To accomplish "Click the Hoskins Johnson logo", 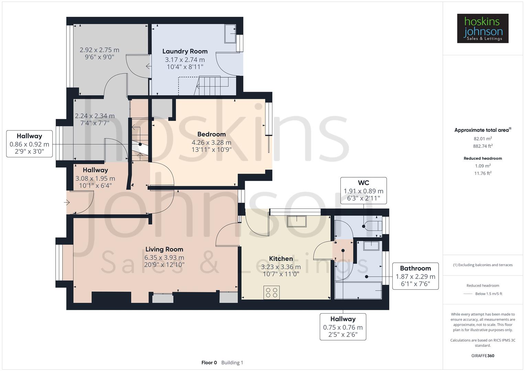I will pyautogui.click(x=482, y=29).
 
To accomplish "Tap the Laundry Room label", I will pyautogui.click(x=185, y=52).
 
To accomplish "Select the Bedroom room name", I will pyautogui.click(x=211, y=134).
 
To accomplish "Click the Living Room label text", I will pyautogui.click(x=164, y=249).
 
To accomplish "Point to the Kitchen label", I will pyautogui.click(x=281, y=259).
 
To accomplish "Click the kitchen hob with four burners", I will pyautogui.click(x=271, y=293).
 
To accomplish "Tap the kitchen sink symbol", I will pyautogui.click(x=297, y=222).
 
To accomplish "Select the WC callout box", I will pyautogui.click(x=363, y=191).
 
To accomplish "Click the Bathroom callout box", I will pyautogui.click(x=415, y=276).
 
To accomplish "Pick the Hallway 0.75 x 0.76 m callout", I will pyautogui.click(x=343, y=327).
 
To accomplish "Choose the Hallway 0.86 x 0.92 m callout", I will pyautogui.click(x=29, y=144).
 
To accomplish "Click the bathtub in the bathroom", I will pyautogui.click(x=358, y=291).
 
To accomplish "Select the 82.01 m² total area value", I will pyautogui.click(x=483, y=139).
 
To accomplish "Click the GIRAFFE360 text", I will pyautogui.click(x=483, y=356).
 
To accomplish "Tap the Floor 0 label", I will pyautogui.click(x=209, y=362).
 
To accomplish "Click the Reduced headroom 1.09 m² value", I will pyautogui.click(x=483, y=166).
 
